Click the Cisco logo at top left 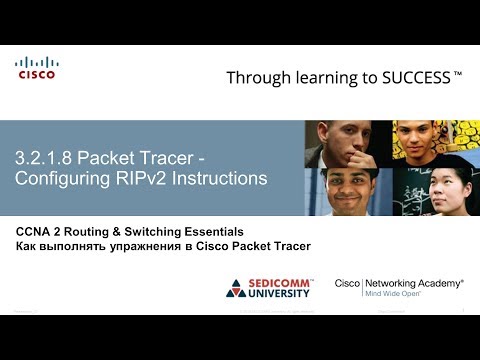[36, 68]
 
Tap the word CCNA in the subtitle [35, 231]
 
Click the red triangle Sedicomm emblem [237, 289]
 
